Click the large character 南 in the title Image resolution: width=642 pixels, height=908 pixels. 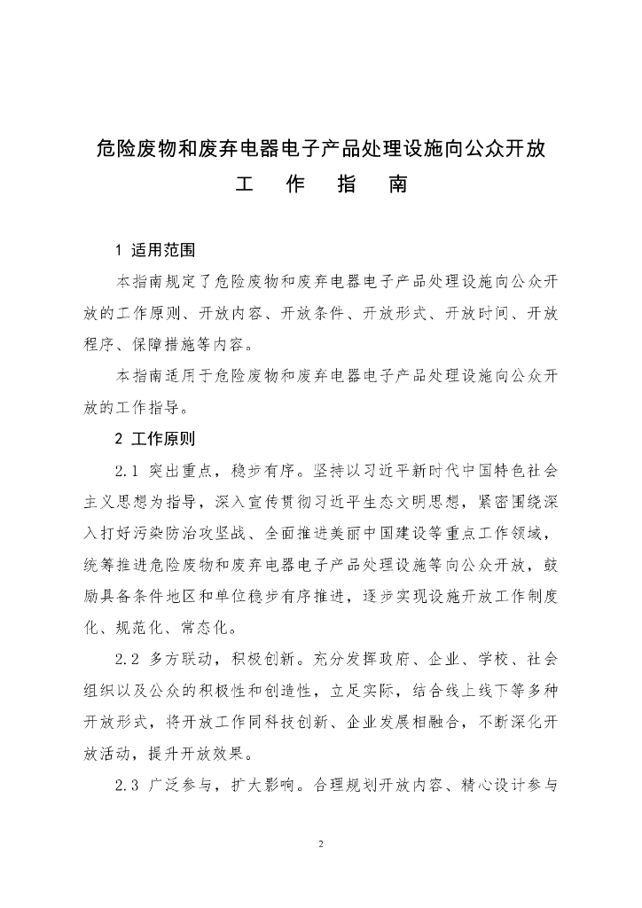[x=395, y=187]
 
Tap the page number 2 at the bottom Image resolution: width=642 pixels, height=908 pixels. [x=321, y=843]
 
